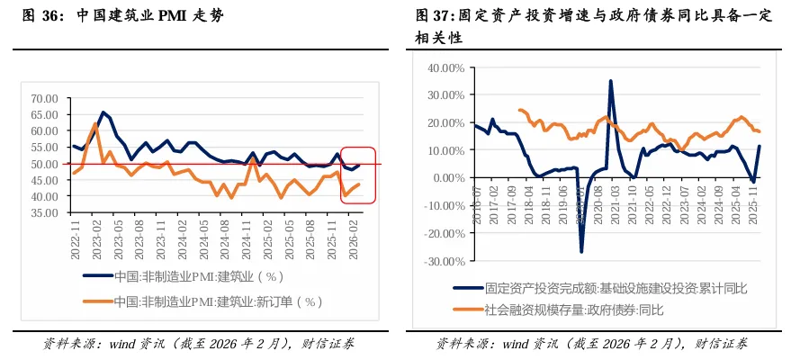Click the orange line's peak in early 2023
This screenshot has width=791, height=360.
click(x=95, y=124)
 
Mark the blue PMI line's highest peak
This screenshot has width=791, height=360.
click(x=103, y=112)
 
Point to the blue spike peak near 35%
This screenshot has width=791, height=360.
click(x=611, y=81)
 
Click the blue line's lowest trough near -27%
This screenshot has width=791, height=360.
click(x=581, y=251)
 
